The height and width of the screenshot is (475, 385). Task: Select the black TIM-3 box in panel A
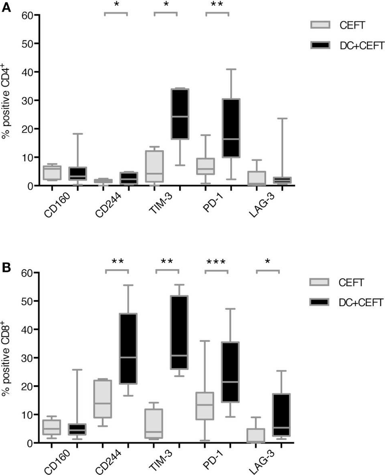(x=180, y=114)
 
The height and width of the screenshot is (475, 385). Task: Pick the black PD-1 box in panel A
(x=231, y=128)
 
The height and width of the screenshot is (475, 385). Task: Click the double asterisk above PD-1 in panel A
(x=217, y=5)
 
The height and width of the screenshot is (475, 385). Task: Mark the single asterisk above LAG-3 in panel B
(x=267, y=262)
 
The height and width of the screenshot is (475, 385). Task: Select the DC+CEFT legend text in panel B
(x=360, y=303)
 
